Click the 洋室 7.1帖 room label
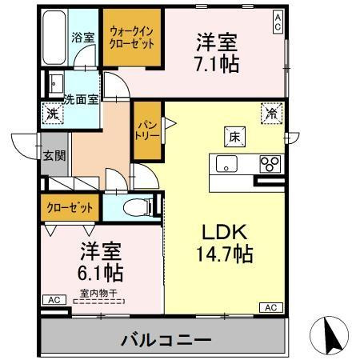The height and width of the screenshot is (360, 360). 217,52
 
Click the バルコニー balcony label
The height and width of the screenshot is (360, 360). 166,339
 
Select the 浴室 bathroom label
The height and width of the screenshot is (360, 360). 83,37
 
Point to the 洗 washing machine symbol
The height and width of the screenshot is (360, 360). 51,114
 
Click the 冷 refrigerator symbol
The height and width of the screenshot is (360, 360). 270,114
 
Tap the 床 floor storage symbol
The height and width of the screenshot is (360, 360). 238,137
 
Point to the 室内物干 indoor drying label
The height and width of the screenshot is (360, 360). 96,294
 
